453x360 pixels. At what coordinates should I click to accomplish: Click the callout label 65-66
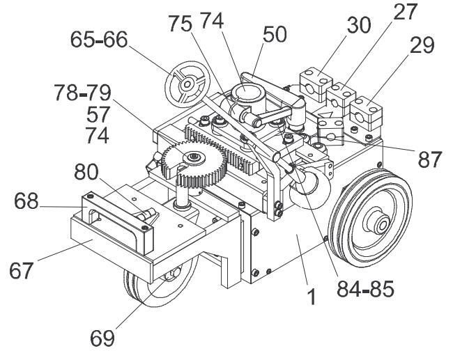[99, 40]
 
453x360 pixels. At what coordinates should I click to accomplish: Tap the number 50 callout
[275, 34]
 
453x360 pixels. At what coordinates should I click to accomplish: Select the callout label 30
[358, 25]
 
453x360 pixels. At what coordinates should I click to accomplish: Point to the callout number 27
[406, 12]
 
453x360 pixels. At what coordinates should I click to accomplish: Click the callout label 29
[422, 45]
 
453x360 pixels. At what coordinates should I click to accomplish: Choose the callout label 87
[429, 159]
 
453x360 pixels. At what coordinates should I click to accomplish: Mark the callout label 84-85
[365, 289]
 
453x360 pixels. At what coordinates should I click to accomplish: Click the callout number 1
[312, 297]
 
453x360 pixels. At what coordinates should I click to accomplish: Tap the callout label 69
[102, 338]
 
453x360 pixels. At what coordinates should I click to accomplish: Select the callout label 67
[21, 270]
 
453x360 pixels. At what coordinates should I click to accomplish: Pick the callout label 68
[26, 201]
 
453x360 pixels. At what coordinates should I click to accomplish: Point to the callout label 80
[86, 172]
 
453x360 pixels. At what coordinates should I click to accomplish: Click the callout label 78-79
[83, 93]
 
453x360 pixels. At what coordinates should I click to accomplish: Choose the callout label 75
[180, 24]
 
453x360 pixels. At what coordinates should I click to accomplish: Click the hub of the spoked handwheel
[187, 84]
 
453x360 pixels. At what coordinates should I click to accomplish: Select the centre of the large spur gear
[191, 157]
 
